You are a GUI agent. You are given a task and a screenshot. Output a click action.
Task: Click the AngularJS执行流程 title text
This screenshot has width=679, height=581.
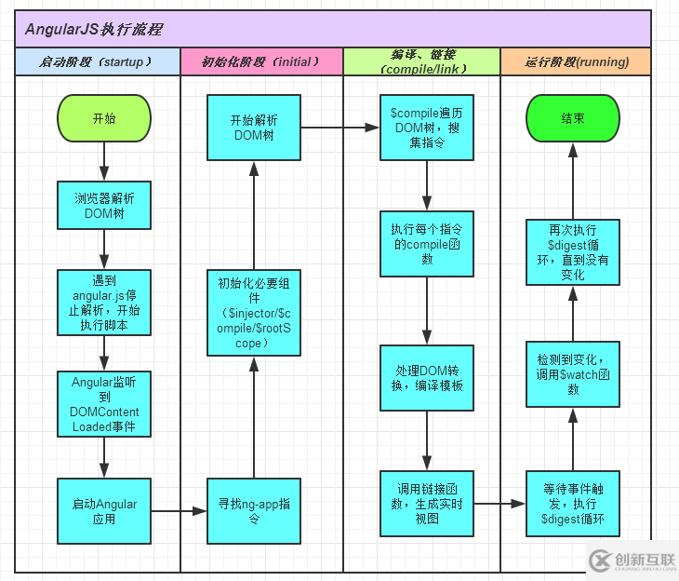pyautogui.click(x=93, y=29)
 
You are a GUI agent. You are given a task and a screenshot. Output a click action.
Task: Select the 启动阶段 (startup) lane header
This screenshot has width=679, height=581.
pyautogui.click(x=97, y=62)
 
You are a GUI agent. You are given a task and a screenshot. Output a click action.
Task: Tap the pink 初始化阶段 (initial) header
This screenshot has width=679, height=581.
pyautogui.click(x=261, y=62)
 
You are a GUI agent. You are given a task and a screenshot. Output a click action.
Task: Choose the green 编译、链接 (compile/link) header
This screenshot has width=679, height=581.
pyautogui.click(x=421, y=62)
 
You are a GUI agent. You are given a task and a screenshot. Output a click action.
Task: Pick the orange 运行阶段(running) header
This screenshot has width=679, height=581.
pyautogui.click(x=576, y=62)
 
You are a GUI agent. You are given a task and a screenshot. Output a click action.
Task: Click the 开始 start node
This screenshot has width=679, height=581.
pyautogui.click(x=104, y=119)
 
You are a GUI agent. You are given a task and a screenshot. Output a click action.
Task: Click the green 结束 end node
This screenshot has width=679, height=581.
pyautogui.click(x=573, y=119)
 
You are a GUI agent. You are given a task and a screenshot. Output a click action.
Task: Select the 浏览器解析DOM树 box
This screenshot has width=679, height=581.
pyautogui.click(x=104, y=206)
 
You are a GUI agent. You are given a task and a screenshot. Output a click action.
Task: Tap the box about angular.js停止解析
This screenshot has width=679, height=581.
pyautogui.click(x=104, y=302)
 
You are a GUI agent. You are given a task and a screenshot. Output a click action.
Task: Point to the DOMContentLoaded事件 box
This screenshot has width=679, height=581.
pyautogui.click(x=104, y=404)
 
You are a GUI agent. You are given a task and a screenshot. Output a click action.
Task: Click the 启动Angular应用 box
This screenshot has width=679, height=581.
pyautogui.click(x=104, y=511)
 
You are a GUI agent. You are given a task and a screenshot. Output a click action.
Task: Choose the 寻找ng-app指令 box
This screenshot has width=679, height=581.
pyautogui.click(x=254, y=511)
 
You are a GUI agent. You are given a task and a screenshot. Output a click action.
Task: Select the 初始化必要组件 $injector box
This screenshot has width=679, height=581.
pyautogui.click(x=254, y=313)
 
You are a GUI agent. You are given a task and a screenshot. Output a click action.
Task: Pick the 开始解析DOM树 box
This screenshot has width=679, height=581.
pyautogui.click(x=254, y=128)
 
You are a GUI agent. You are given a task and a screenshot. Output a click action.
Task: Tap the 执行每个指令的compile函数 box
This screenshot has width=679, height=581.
pyautogui.click(x=427, y=244)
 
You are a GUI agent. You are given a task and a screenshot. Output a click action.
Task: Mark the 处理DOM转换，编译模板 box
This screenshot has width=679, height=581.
pyautogui.click(x=427, y=378)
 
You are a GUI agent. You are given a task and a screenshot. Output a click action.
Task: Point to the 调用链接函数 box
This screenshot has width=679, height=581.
pyautogui.click(x=427, y=504)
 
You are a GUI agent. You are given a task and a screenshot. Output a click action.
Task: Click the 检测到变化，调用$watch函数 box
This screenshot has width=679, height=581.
pyautogui.click(x=573, y=373)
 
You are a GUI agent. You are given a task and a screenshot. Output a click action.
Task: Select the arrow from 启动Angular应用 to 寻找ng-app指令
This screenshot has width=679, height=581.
pyautogui.click(x=179, y=511)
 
